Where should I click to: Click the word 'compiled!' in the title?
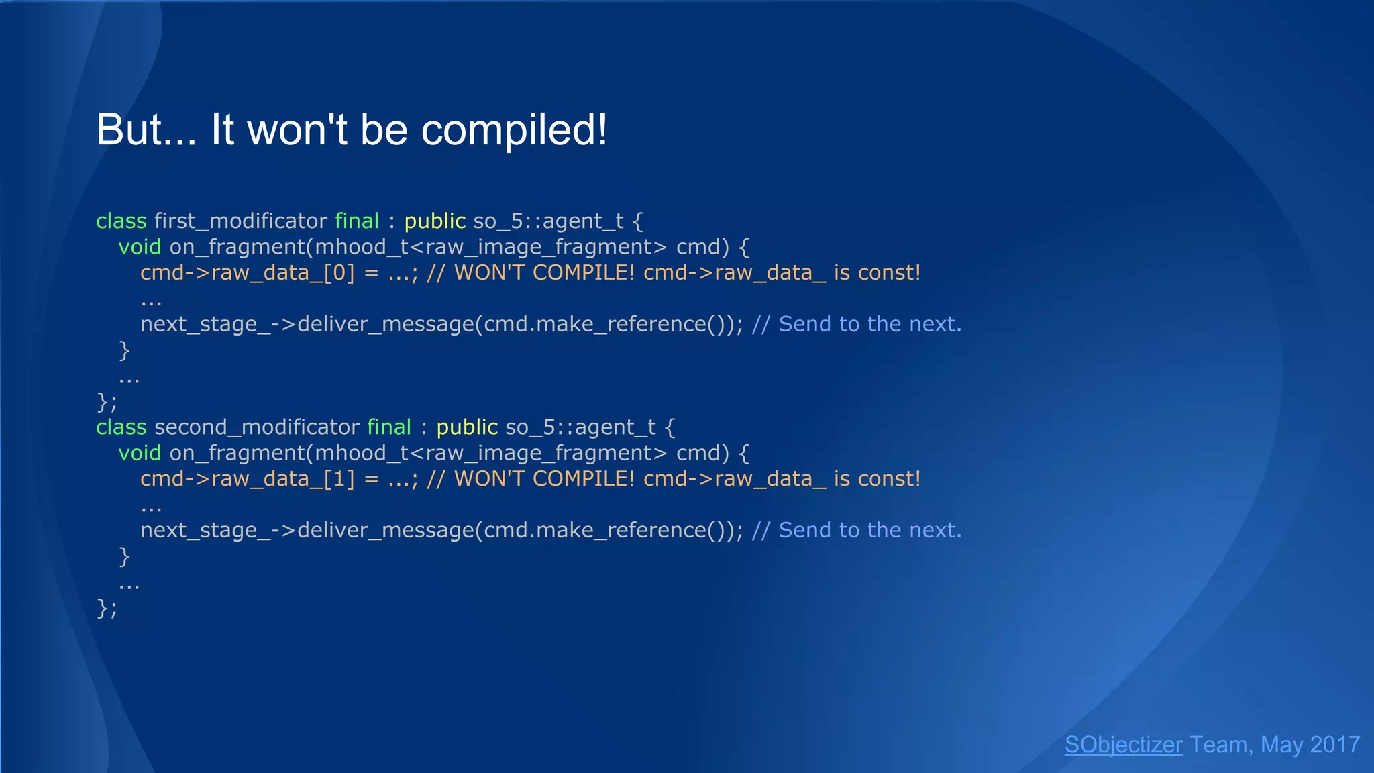tap(513, 130)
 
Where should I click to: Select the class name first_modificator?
tap(240, 221)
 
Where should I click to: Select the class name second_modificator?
tap(256, 427)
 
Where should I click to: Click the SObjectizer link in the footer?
tap(1123, 745)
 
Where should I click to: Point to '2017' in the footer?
tap(1334, 745)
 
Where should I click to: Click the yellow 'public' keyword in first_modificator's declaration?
tap(435, 221)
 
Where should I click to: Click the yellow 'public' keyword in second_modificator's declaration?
tap(467, 427)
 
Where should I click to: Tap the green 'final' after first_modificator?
tap(357, 221)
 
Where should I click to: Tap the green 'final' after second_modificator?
tap(389, 427)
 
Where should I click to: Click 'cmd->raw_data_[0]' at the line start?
tap(247, 273)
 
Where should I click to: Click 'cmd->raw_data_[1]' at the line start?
tap(247, 479)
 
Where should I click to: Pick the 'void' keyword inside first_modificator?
tap(140, 247)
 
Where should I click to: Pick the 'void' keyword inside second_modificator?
tap(140, 453)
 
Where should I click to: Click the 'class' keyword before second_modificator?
tap(121, 427)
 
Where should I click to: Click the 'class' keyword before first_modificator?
tap(121, 221)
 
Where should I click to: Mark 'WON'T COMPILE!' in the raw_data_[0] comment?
tap(543, 273)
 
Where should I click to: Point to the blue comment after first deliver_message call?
tap(857, 325)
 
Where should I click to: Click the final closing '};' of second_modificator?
tap(107, 608)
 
